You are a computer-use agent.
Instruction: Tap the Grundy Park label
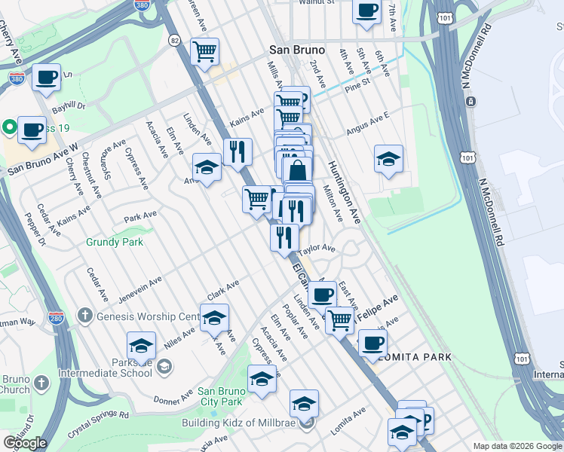[114, 243]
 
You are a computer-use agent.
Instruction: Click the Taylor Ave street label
[317, 249]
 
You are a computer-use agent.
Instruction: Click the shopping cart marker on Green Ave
[205, 52]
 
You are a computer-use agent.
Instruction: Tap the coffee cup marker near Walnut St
[367, 11]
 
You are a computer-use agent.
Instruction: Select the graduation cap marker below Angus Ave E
[388, 159]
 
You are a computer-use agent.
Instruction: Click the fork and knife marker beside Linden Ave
[238, 151]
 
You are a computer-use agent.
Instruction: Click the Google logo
[25, 443]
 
